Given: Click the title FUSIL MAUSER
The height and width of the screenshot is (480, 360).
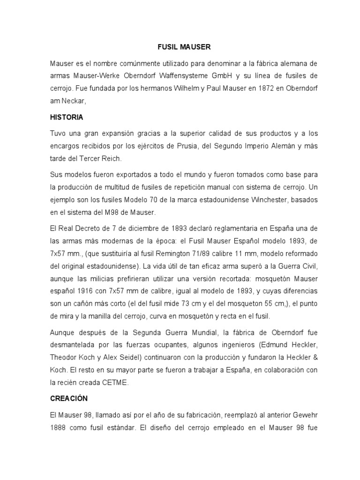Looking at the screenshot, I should coord(183,47).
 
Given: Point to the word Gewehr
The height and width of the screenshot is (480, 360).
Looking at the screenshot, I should coord(306,415).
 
